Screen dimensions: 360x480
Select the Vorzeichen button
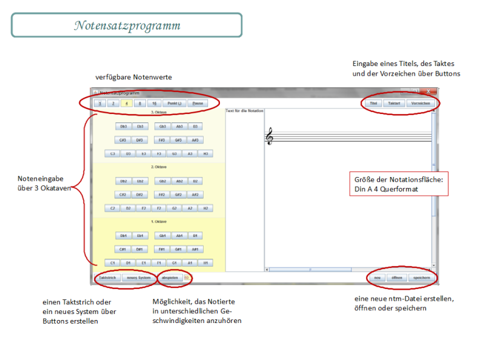coord(420,104)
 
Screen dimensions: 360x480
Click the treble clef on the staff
coord(270,138)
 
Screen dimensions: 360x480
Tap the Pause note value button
coord(198,104)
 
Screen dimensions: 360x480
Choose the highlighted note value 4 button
coord(127,104)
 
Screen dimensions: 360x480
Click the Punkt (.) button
coord(175,104)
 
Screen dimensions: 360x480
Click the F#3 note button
coord(162,140)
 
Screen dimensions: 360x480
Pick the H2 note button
coord(206,208)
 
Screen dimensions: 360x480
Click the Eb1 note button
coord(140,236)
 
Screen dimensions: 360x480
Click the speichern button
coord(422,278)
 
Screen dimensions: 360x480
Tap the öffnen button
coord(397,278)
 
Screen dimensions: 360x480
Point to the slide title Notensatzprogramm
coord(127,25)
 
